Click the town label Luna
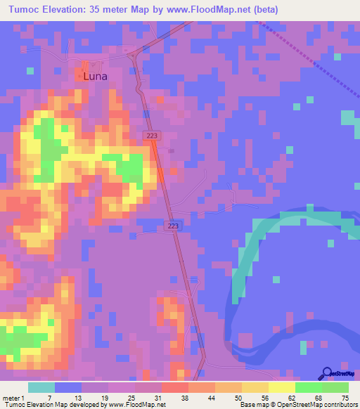pos(95,76)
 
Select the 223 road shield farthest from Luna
pos(173,225)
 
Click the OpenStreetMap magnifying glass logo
pos(326,373)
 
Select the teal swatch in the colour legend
pos(41,387)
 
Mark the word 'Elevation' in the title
pos(69,10)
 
